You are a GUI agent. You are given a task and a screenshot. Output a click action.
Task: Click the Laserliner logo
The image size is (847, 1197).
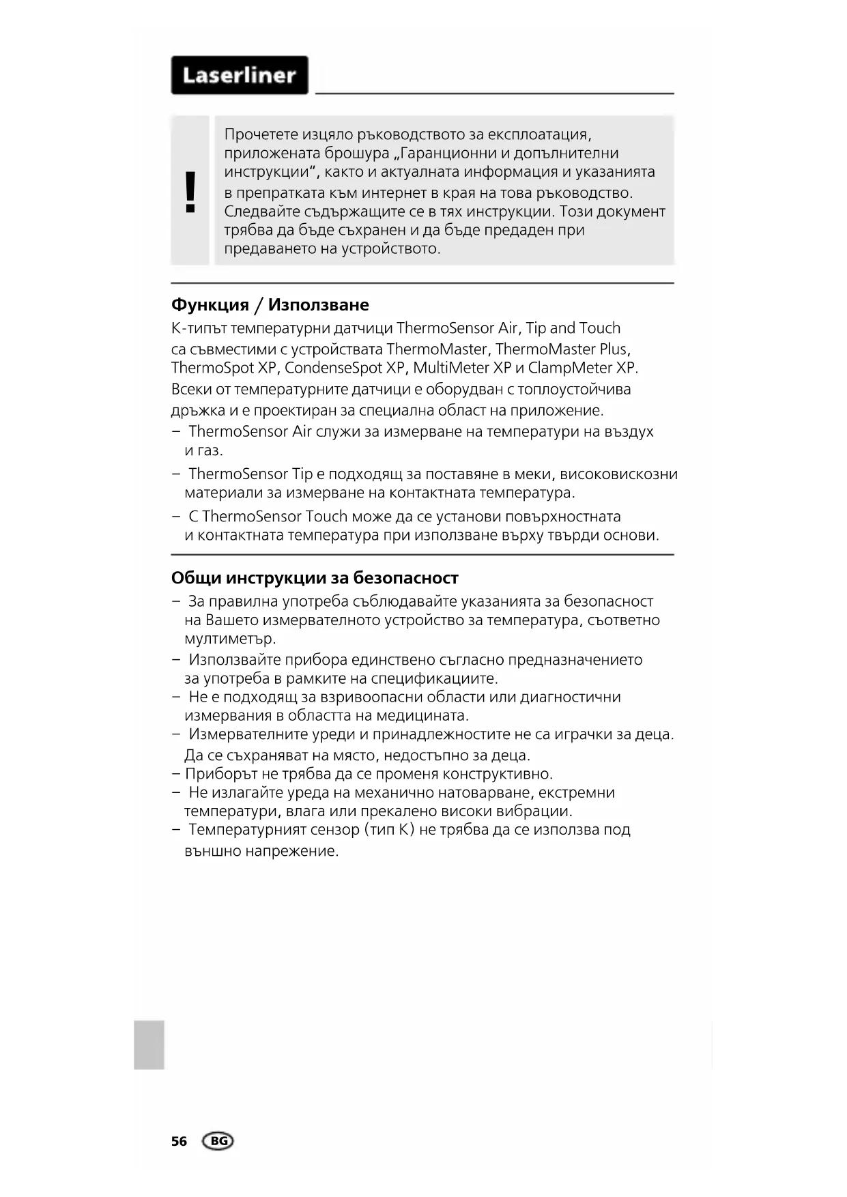click(x=240, y=75)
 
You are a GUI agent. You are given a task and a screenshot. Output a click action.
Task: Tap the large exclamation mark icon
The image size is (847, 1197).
click(x=190, y=192)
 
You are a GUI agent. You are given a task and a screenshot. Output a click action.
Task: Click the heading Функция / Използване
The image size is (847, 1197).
click(x=270, y=304)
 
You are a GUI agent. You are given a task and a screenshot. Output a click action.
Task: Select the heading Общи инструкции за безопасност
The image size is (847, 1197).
click(x=315, y=577)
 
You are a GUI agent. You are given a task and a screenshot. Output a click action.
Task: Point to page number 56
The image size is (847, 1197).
click(x=179, y=1141)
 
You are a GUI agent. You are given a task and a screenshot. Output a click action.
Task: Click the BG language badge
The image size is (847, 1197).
click(x=218, y=1141)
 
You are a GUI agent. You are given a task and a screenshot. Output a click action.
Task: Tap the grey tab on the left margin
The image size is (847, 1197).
click(x=149, y=1044)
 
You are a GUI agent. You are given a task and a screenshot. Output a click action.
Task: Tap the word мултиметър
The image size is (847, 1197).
click(x=230, y=639)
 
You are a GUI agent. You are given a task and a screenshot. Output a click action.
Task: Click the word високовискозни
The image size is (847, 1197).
click(x=618, y=474)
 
